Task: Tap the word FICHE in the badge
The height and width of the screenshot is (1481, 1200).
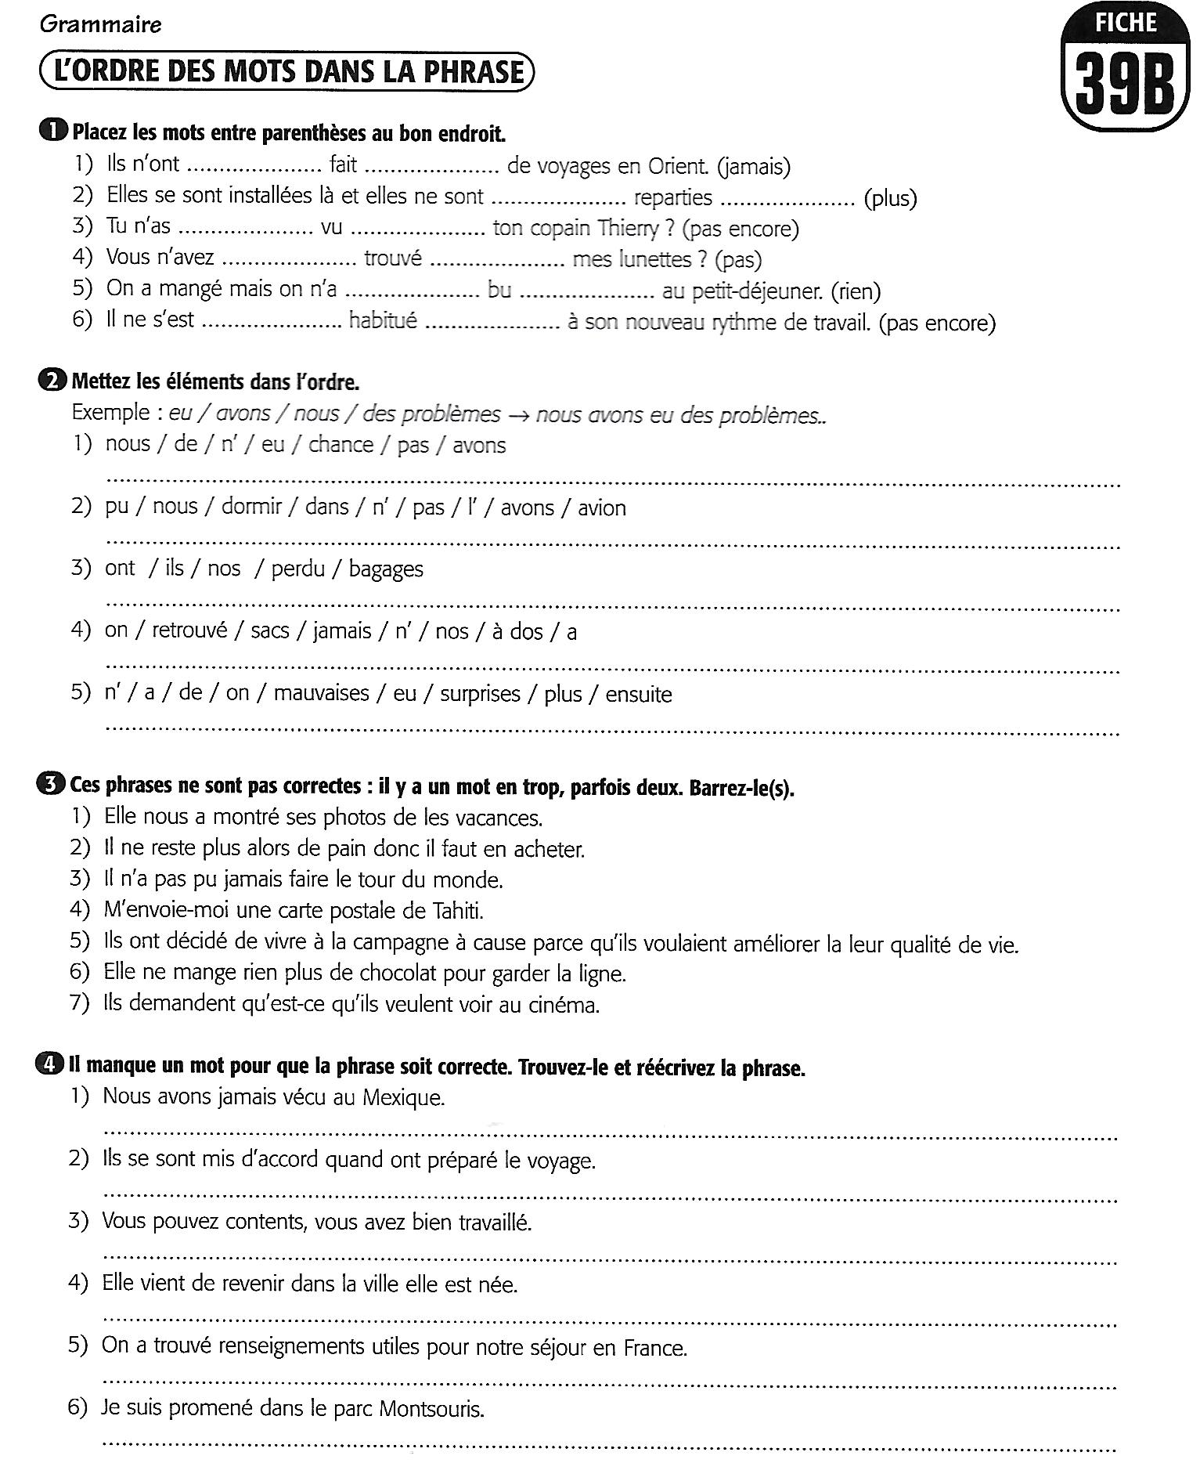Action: (x=1126, y=23)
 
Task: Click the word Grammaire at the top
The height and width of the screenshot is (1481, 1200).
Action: (x=100, y=25)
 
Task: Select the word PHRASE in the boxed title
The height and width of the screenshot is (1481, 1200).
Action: (x=474, y=72)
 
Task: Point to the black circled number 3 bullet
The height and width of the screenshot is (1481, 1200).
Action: (x=49, y=785)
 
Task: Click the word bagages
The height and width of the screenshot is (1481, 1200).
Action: (x=386, y=569)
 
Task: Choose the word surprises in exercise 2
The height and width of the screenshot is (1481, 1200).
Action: (x=480, y=694)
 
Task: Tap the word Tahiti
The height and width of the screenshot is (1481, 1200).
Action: (x=458, y=911)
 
